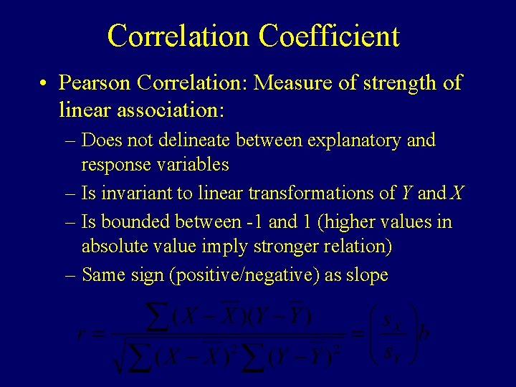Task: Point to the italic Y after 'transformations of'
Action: (406, 193)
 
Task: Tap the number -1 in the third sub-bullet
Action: (252, 222)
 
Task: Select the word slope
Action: (367, 275)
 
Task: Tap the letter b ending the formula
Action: (424, 335)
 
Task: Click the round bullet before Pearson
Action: (44, 84)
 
